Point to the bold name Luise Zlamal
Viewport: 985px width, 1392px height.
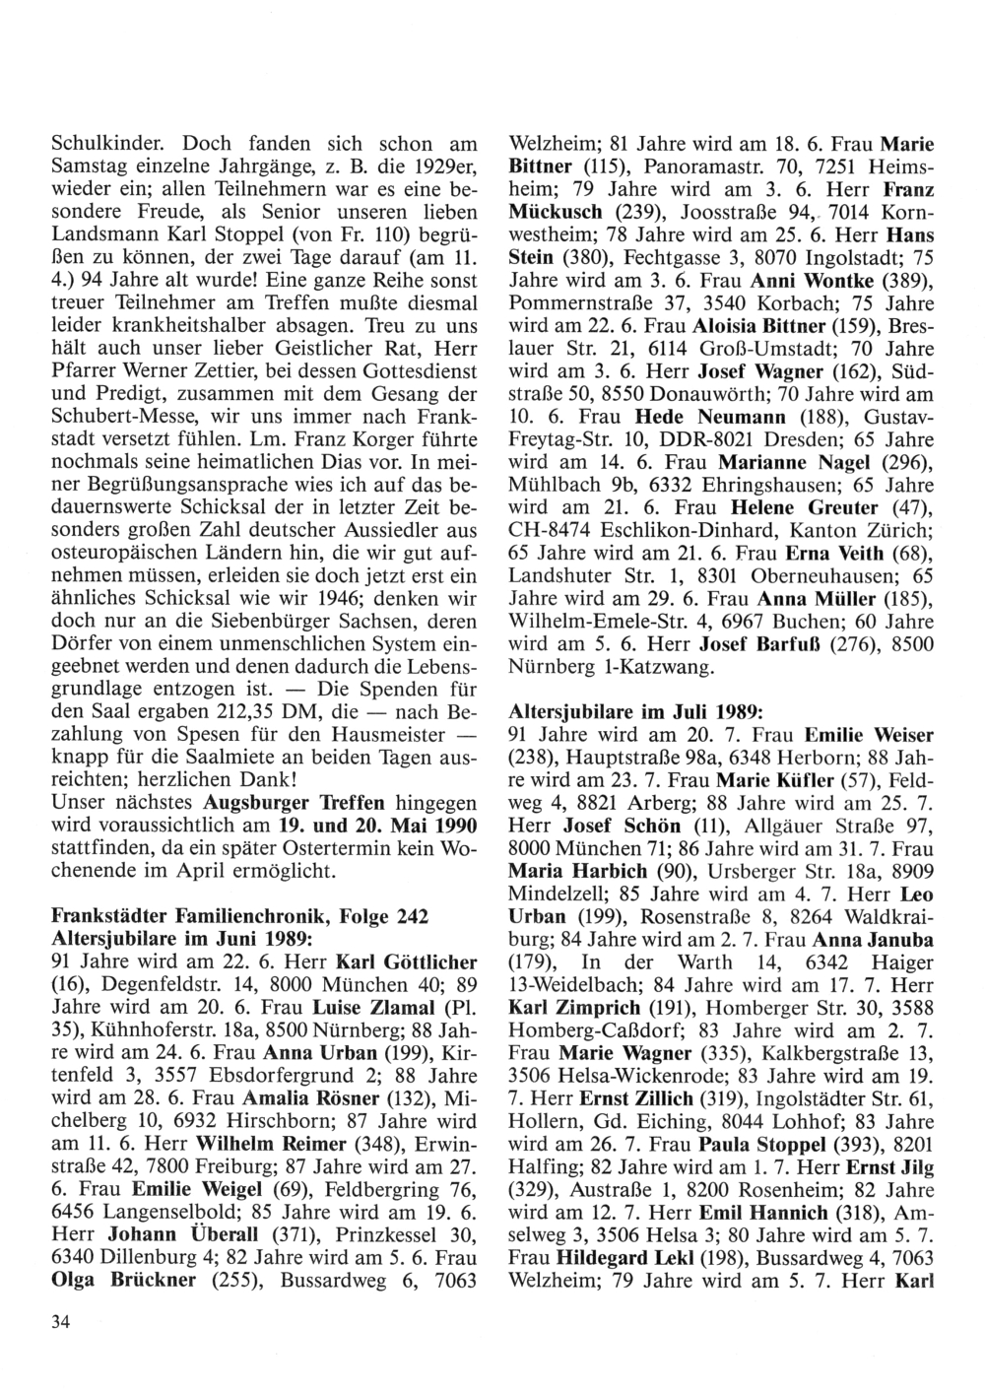click(374, 1008)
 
